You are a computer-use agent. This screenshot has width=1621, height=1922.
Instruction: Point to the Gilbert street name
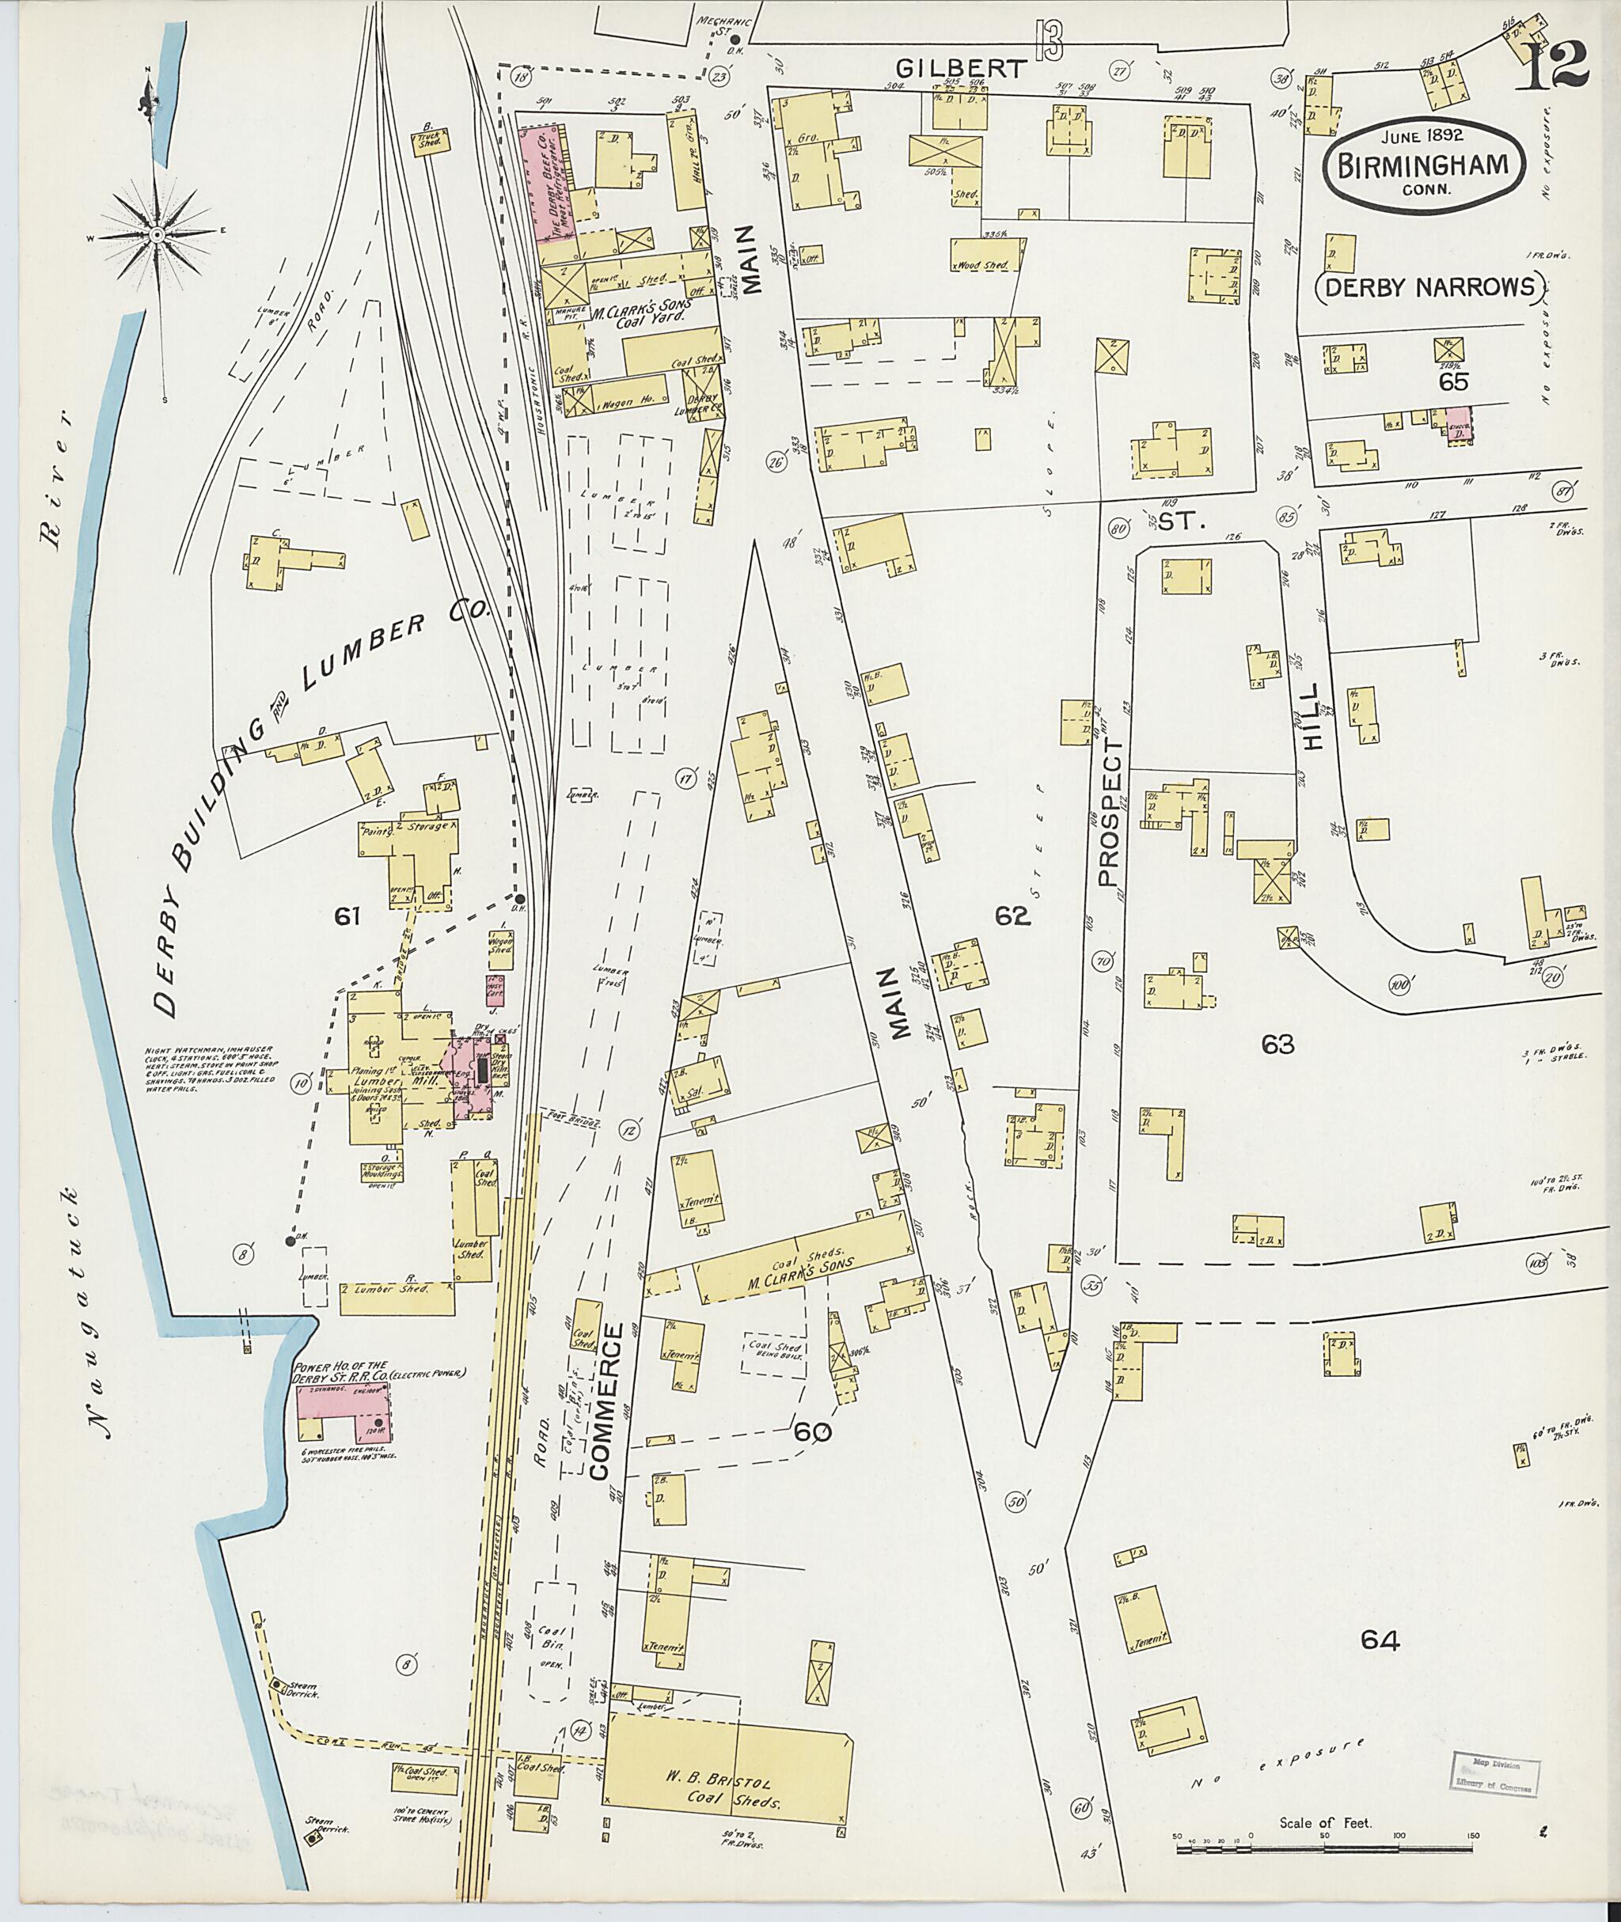click(x=960, y=68)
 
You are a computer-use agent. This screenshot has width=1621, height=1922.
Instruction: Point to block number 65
click(x=1454, y=382)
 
